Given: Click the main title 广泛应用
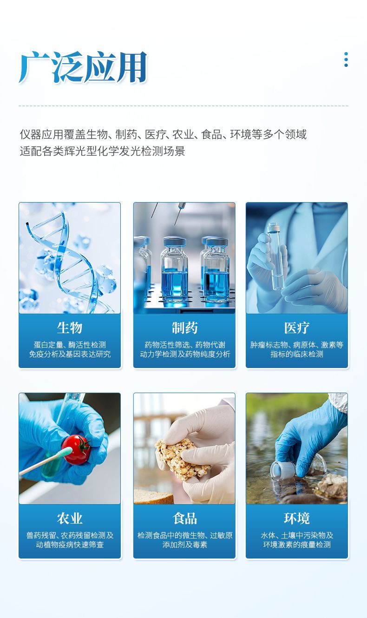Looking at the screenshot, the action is point(83,67).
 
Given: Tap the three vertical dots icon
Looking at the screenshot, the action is point(346,59).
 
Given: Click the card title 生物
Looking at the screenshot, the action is point(70,328).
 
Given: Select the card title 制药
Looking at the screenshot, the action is point(184,328).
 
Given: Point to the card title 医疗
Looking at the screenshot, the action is point(297,328).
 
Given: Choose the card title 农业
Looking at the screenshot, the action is point(70,519).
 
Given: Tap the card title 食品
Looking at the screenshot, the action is point(184,519).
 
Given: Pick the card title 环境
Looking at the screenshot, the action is point(297,519).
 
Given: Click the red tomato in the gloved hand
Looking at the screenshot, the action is point(76,450).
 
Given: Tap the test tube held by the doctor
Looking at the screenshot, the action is point(275,256).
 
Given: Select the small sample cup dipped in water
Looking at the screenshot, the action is point(282,468).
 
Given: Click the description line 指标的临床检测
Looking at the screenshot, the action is point(297,354).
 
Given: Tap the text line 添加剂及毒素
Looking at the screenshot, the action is point(184,545).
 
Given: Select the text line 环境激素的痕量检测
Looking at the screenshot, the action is point(297,545).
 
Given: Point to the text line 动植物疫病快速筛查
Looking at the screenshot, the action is point(70,545).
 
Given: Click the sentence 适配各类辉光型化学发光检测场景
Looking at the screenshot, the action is point(102,151).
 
